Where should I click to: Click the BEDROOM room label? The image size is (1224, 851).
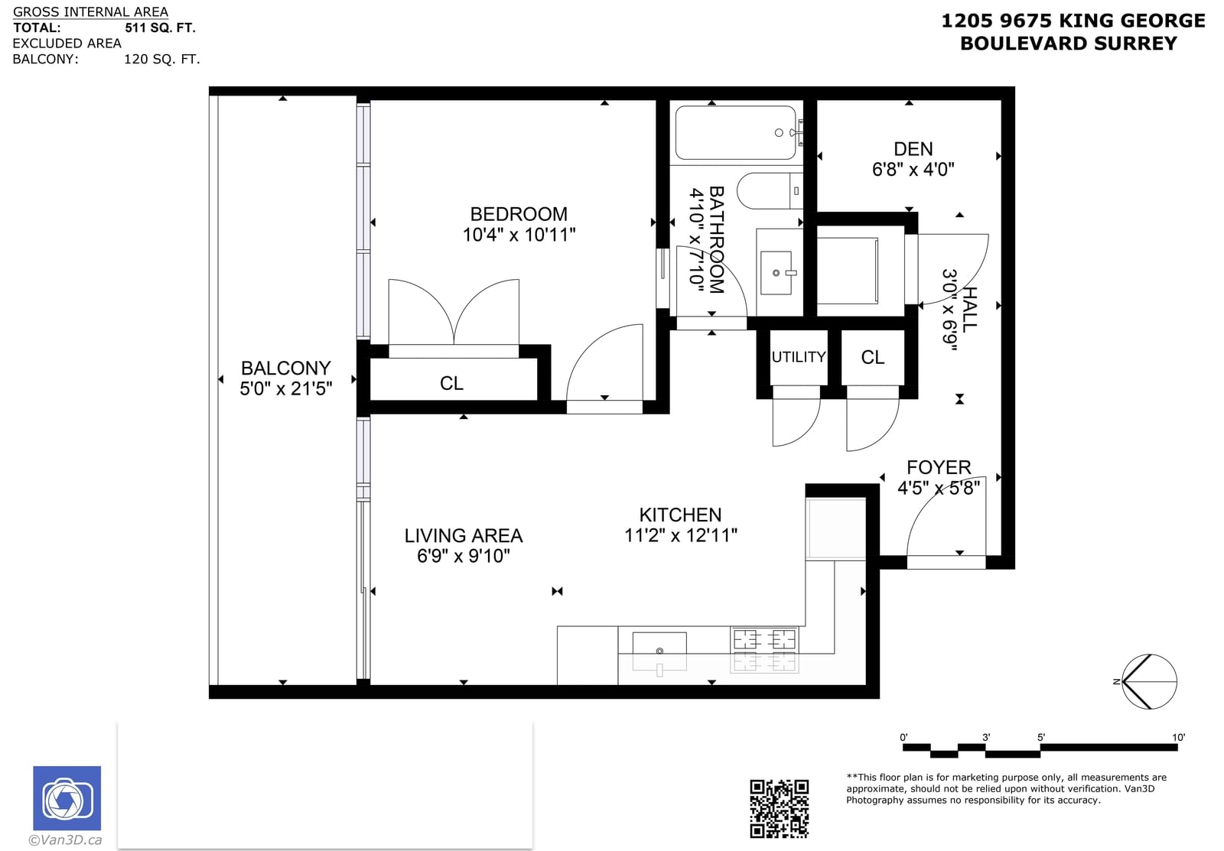pos(519,213)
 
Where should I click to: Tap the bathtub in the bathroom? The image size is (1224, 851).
pos(735,133)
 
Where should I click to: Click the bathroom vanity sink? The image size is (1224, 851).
pos(776,272)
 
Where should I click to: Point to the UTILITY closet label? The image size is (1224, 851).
pos(799,357)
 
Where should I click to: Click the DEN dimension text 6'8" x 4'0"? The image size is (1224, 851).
pos(913,169)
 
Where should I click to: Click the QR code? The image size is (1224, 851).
pos(780,809)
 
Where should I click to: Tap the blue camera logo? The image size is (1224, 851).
pos(67,798)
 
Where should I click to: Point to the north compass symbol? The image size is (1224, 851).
pos(1148,682)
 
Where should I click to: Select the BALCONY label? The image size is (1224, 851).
pos(286,368)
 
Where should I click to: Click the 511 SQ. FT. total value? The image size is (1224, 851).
pos(160,28)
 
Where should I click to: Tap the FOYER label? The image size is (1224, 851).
pos(939,467)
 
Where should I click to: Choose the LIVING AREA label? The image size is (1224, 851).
pos(464,535)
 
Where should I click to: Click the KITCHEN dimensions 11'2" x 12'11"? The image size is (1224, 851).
pos(681,535)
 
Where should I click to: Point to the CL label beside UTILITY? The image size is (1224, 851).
pos(872,357)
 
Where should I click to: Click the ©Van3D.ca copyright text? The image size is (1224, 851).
pos(65,840)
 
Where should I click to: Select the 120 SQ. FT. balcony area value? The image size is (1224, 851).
pos(161,59)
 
